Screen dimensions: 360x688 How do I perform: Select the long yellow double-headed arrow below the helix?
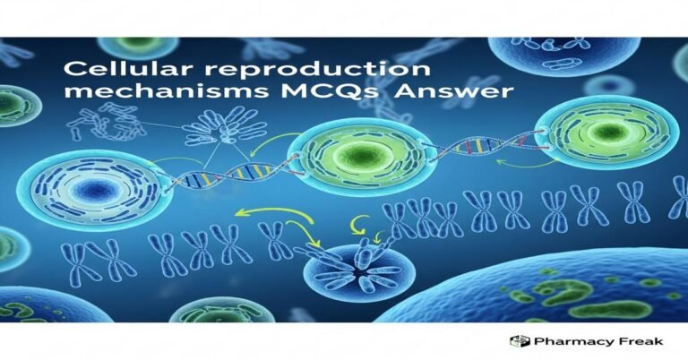tap(268, 216)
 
